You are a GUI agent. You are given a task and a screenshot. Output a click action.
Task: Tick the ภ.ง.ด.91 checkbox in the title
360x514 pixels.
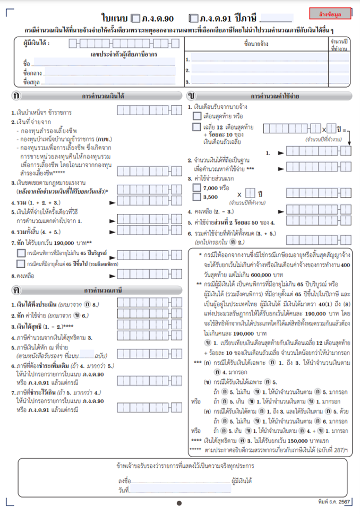click(x=193, y=18)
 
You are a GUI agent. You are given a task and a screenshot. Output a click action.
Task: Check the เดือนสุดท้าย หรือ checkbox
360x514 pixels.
click(x=196, y=115)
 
